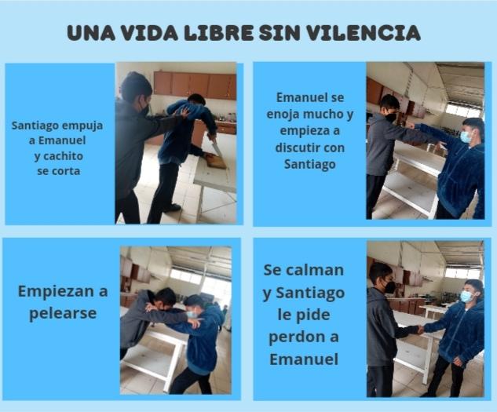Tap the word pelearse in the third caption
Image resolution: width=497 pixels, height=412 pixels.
pyautogui.click(x=63, y=314)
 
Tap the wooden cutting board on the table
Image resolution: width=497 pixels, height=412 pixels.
pyautogui.click(x=216, y=162)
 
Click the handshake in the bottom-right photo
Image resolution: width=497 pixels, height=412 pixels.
pyautogui.click(x=419, y=330)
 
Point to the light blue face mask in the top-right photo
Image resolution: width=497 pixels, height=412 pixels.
pyautogui.click(x=466, y=137)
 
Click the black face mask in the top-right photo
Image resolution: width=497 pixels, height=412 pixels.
pyautogui.click(x=391, y=117)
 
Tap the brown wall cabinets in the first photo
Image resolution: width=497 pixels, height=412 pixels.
pyautogui.click(x=195, y=85)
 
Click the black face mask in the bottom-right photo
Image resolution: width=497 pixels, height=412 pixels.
pyautogui.click(x=389, y=286)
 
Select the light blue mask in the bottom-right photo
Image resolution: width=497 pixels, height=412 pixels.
pyautogui.click(x=466, y=297)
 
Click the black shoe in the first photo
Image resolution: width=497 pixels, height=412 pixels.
pyautogui.click(x=172, y=208)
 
